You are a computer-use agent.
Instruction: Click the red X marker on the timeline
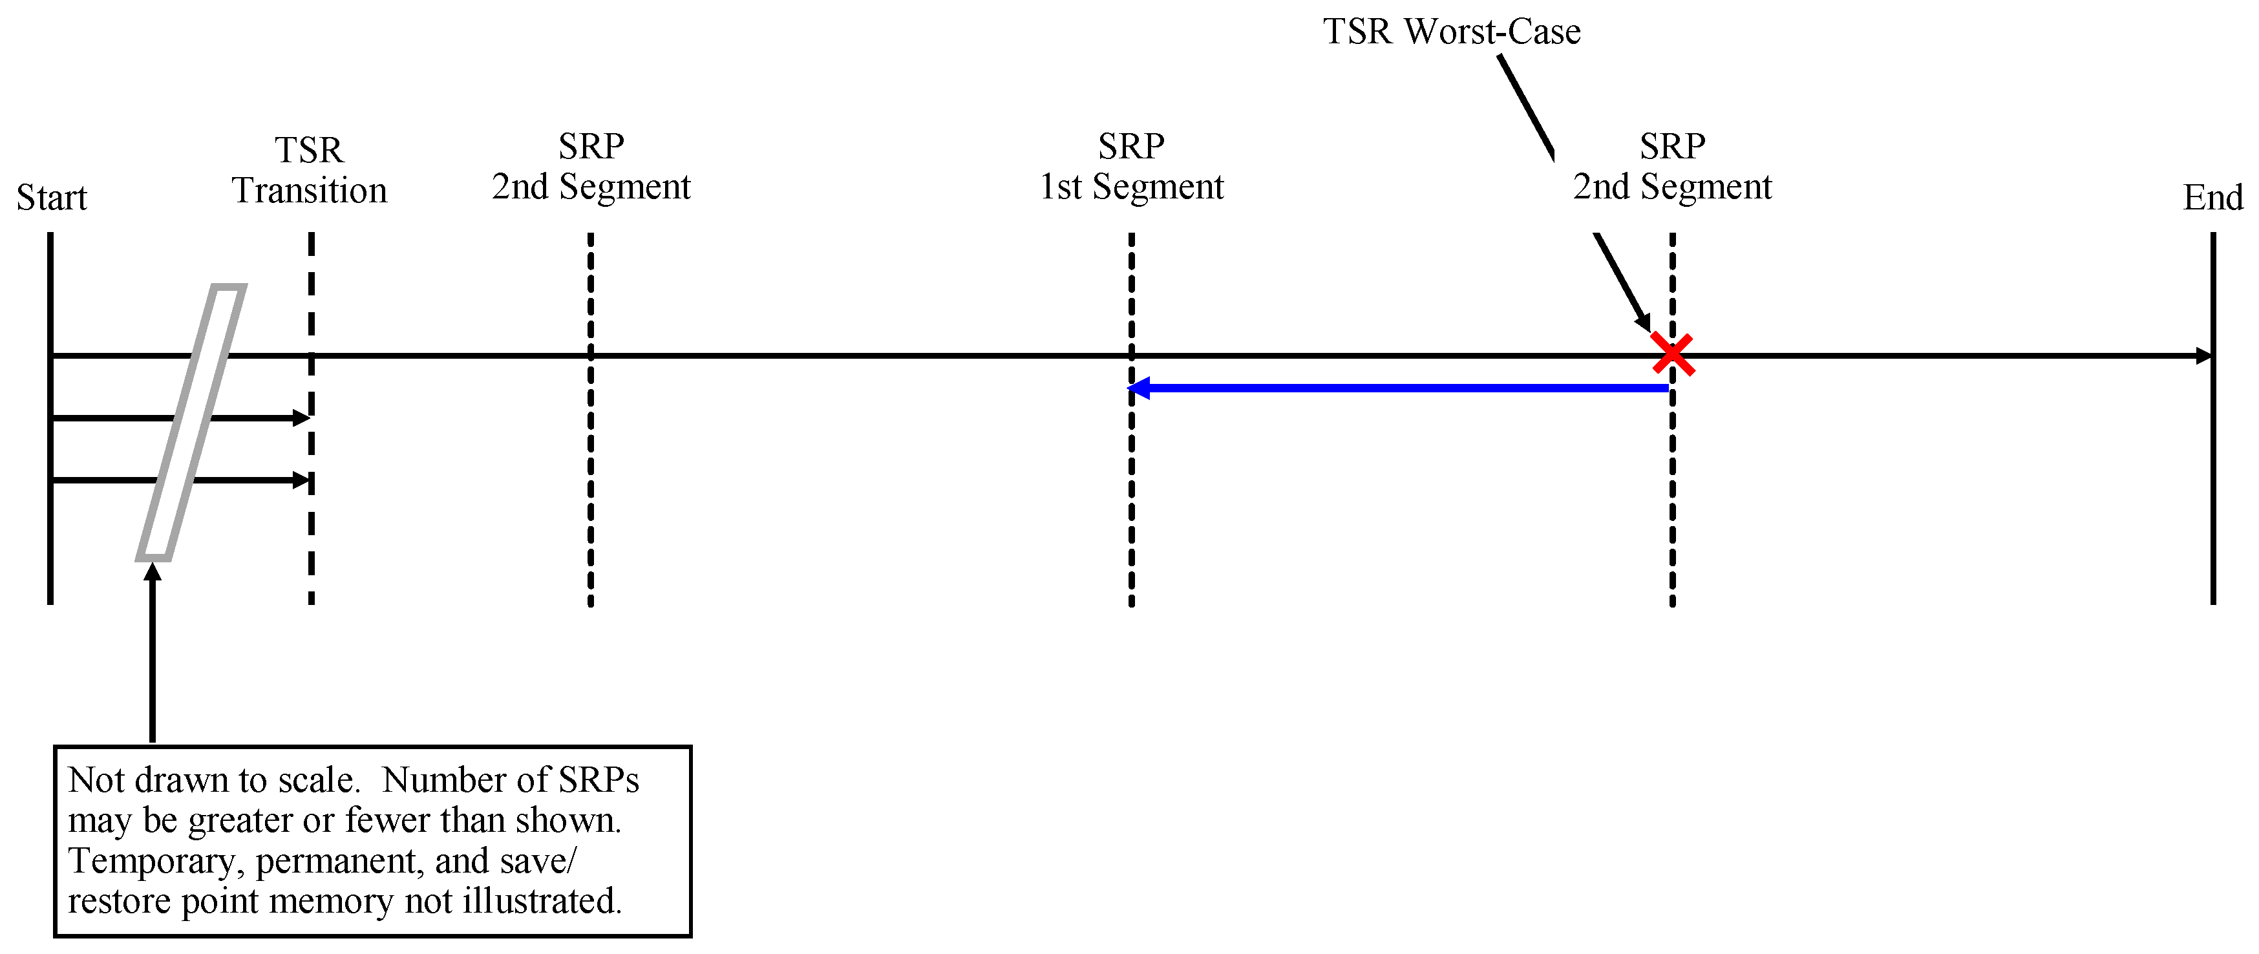(1672, 354)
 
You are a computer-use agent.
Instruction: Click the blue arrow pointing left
(1403, 388)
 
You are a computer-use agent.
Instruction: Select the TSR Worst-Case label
(1451, 32)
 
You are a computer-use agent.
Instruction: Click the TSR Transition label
(310, 171)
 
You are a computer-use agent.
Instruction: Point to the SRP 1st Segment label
(1131, 167)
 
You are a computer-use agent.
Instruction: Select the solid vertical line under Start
(51, 526)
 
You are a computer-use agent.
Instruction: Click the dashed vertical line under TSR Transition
(312, 544)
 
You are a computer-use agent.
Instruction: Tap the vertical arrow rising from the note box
(153, 657)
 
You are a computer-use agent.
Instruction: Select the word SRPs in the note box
(598, 780)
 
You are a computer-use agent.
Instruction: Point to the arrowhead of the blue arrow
(1138, 388)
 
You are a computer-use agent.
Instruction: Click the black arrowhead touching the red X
(1642, 322)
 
